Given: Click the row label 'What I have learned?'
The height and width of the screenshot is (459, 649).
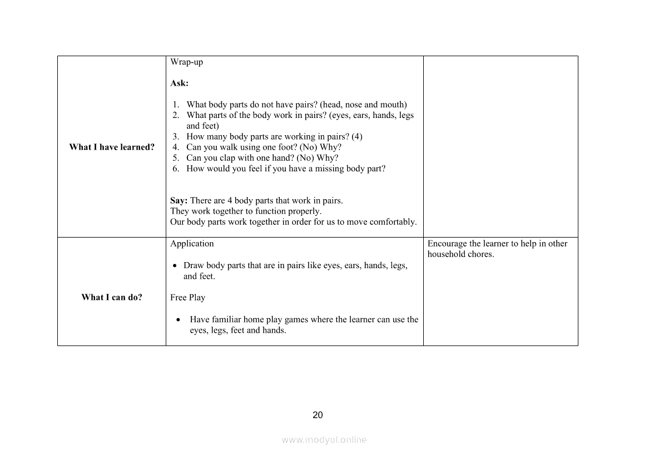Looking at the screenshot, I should click(x=112, y=147).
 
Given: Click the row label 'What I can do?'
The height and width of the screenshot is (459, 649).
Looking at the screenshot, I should click(x=112, y=297).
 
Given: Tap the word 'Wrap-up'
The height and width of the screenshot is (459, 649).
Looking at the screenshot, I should click(x=186, y=62).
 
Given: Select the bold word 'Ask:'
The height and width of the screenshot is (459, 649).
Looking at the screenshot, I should click(x=179, y=83).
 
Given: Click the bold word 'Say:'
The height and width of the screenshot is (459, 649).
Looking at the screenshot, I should click(x=179, y=200).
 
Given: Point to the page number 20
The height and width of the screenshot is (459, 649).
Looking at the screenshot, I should click(x=318, y=415).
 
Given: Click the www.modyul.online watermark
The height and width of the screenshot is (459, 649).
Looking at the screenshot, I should click(x=324, y=440).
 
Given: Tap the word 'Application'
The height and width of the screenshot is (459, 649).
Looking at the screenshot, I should click(x=192, y=244).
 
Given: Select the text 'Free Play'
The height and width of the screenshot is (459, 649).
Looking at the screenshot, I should click(x=187, y=298).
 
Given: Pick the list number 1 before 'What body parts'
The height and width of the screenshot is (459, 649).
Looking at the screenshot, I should click(x=175, y=105).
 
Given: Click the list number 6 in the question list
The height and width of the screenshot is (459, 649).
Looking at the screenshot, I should click(x=175, y=169).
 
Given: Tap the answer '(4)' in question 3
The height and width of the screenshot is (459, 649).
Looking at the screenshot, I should click(x=357, y=137).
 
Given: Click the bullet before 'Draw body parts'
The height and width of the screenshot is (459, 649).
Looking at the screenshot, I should click(x=175, y=266).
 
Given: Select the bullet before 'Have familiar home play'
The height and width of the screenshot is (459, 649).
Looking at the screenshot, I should click(x=178, y=320).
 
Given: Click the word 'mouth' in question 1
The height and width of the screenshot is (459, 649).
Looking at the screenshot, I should click(x=392, y=105).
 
